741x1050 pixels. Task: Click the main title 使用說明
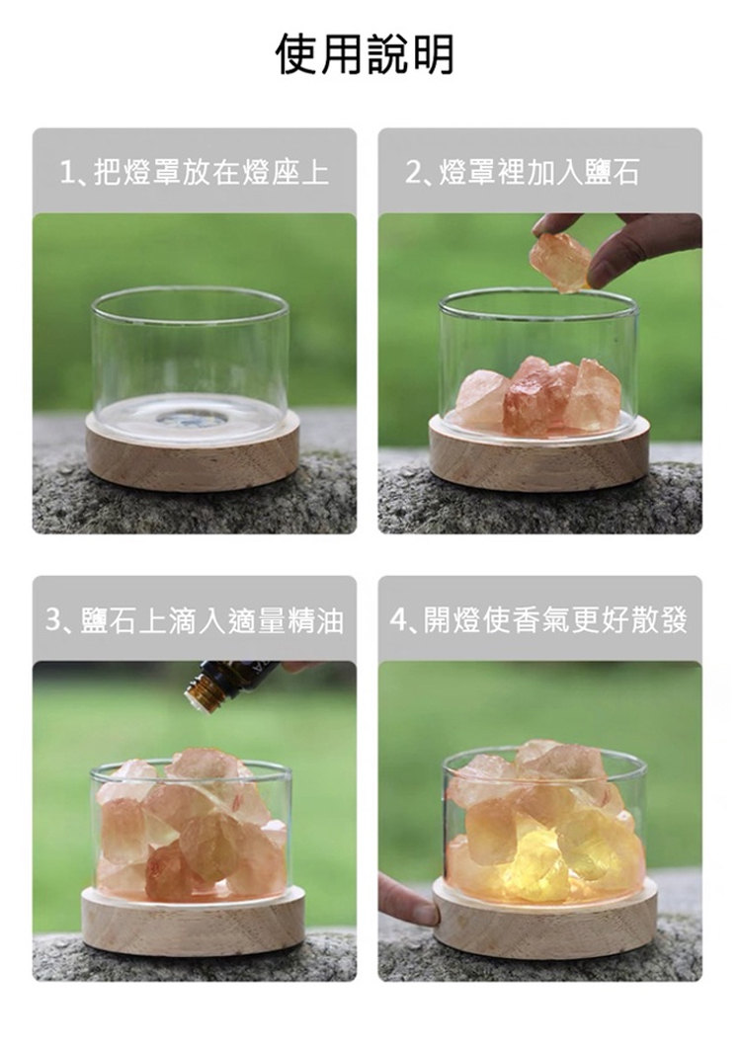click(366, 54)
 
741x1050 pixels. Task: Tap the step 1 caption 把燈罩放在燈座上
click(211, 173)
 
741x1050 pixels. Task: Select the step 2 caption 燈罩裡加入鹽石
click(539, 173)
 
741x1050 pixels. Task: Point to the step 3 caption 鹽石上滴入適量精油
click(211, 620)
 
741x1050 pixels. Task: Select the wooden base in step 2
click(538, 454)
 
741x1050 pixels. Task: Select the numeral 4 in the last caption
click(398, 620)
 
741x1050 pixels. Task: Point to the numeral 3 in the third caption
click(54, 620)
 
